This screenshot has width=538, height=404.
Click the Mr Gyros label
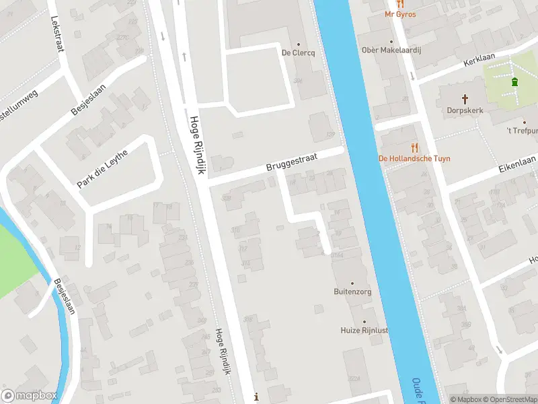point(400,14)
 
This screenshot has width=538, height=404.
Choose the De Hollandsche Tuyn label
point(414,158)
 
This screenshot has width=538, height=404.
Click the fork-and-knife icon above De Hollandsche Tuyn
point(414,147)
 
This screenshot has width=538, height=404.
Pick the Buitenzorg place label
point(352,292)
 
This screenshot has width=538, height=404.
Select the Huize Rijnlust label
point(363,330)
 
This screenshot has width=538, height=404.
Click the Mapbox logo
point(29,396)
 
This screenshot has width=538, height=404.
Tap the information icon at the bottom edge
point(256,397)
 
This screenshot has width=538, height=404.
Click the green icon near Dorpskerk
point(515,82)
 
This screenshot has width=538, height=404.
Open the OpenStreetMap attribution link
point(509,399)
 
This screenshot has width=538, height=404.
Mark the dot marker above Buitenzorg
point(352,283)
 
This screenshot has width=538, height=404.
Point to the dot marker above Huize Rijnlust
point(364,321)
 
